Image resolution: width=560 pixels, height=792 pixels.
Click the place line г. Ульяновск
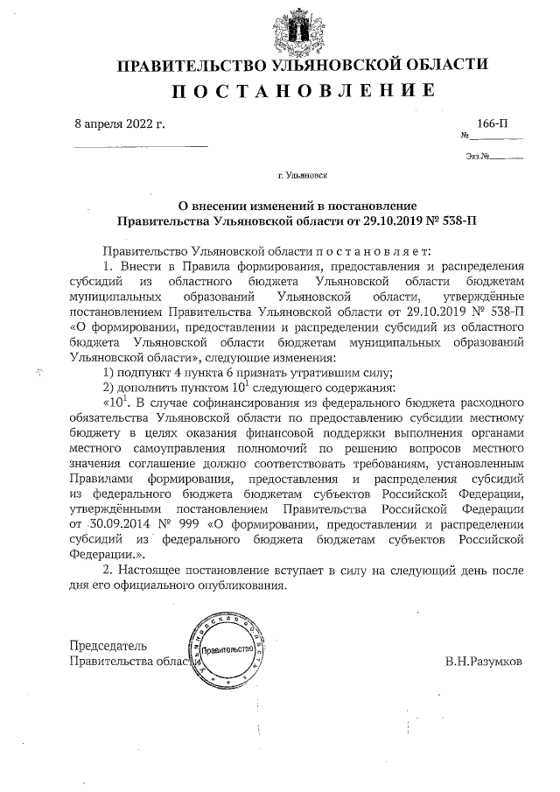pos(302,176)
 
